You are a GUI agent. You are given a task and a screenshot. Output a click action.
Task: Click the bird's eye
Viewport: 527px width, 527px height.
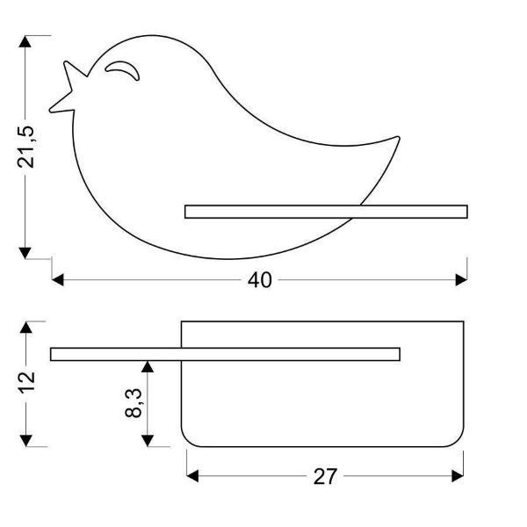(x=122, y=70)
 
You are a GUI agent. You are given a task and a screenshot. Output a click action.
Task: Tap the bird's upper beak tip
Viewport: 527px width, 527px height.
(x=66, y=61)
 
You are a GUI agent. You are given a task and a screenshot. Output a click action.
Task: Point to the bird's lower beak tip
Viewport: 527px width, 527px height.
(x=50, y=111)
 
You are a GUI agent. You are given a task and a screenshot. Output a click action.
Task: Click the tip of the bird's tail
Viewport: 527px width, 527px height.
(x=398, y=137)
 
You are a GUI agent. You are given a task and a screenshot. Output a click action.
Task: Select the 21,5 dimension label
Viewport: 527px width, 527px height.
(x=25, y=147)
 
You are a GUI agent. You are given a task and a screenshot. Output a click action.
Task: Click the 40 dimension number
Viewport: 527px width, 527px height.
(x=259, y=280)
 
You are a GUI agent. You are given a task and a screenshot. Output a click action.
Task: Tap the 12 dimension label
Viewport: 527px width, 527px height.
(x=25, y=382)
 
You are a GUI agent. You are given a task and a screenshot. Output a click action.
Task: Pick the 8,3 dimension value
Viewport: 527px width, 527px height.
(x=134, y=402)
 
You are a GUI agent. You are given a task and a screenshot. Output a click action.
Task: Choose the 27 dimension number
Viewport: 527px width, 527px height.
(x=325, y=476)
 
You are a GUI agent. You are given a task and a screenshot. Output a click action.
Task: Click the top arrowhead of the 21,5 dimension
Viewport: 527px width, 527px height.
(x=25, y=41)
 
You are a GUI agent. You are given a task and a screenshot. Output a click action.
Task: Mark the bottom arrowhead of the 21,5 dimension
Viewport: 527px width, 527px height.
(x=25, y=253)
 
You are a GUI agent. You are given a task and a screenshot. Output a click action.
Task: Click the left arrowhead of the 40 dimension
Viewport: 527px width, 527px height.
(x=58, y=279)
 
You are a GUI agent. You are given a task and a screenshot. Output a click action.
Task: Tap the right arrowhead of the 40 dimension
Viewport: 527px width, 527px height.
(x=461, y=279)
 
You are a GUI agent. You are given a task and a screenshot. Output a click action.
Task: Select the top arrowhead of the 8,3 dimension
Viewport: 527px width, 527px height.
(x=148, y=366)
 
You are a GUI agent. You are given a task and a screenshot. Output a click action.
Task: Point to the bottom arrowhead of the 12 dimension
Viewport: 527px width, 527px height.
(x=25, y=441)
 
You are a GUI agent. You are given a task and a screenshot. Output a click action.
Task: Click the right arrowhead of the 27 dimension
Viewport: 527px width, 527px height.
(x=458, y=476)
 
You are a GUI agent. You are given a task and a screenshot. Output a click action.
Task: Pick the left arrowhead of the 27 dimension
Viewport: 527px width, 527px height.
(x=192, y=476)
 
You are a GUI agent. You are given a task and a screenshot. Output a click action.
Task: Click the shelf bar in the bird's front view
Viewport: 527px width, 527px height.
(x=326, y=212)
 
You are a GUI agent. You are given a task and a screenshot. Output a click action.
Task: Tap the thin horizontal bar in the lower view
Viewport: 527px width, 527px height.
(x=225, y=354)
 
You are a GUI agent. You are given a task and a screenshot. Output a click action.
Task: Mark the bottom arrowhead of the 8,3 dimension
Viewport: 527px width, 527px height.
(x=148, y=441)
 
